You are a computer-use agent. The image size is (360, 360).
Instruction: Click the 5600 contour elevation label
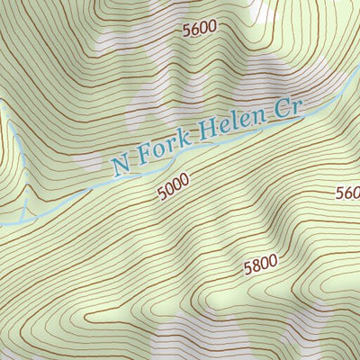199,28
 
